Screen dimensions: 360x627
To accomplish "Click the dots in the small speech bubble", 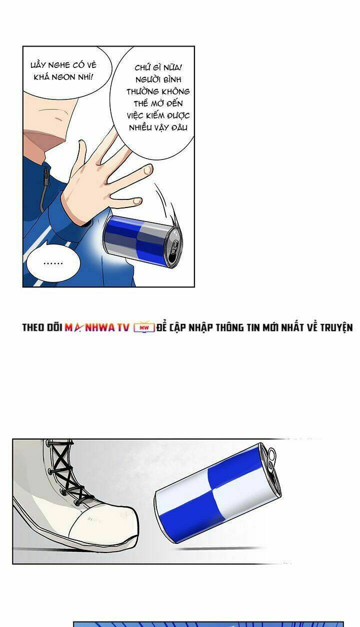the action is point(53,263).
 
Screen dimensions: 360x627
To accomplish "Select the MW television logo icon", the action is point(144,327).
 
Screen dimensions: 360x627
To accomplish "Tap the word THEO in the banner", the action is point(33,327).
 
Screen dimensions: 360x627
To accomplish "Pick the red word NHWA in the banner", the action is point(99,327).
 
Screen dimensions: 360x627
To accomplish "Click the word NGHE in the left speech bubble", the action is point(59,65).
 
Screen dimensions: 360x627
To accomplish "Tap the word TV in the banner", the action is point(123,327).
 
